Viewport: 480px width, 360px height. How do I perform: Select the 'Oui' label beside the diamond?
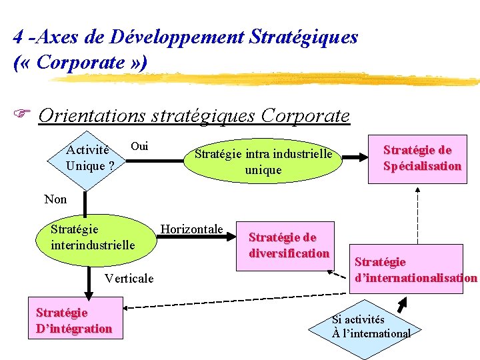[139, 146]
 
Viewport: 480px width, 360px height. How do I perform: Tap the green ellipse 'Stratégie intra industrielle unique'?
[263, 162]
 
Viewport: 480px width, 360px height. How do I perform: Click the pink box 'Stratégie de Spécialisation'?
[421, 158]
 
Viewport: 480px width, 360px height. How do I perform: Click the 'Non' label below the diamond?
[55, 199]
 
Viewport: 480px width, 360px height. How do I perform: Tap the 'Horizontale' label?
[192, 229]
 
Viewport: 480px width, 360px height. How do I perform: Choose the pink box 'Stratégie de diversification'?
[289, 245]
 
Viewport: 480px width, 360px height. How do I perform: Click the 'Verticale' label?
[129, 278]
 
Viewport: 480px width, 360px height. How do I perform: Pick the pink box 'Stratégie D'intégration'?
[74, 320]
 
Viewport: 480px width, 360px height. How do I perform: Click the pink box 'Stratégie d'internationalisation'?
[415, 269]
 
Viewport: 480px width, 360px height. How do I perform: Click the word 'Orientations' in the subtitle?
[92, 115]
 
